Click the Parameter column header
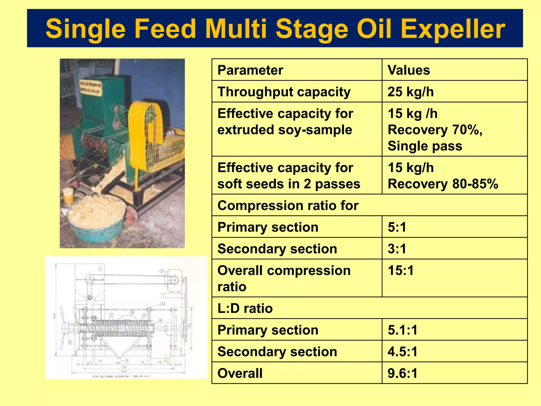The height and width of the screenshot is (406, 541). (250, 70)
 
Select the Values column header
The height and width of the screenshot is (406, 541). (408, 70)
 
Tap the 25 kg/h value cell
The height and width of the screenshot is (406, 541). (411, 92)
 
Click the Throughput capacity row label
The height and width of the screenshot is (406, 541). (284, 92)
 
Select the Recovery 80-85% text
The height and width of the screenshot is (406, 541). (443, 184)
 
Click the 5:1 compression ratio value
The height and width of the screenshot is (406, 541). (397, 227)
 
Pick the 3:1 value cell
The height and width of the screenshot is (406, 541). (397, 249)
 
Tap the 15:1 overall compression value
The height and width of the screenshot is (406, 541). (400, 271)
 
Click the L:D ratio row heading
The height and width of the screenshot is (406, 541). (245, 308)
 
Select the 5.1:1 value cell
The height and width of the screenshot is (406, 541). (402, 330)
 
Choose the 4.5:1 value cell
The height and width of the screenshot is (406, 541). (402, 352)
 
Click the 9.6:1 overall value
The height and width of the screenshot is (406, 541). (402, 373)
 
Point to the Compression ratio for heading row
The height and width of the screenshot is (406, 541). (288, 206)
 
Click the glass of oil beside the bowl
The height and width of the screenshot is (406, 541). (68, 196)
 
